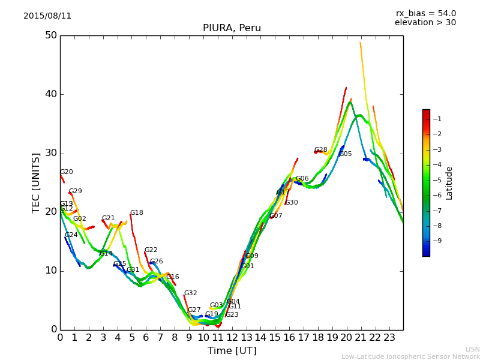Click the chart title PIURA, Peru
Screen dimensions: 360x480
[232, 28]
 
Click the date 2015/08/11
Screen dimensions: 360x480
[47, 16]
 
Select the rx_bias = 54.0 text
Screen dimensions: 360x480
[425, 14]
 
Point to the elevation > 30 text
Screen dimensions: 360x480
[425, 23]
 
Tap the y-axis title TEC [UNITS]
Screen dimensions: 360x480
[36, 182]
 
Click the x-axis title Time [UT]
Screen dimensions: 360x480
[232, 351]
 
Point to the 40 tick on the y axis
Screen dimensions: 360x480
[50, 94]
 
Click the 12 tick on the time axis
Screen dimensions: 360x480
[232, 338]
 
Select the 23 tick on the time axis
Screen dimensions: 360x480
[389, 338]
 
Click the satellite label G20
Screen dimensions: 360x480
[66, 172]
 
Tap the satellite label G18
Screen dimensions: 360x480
[136, 213]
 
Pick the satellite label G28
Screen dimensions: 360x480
[320, 150]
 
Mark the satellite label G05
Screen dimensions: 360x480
[345, 154]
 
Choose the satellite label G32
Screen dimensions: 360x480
[190, 293]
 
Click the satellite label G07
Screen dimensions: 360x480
[275, 216]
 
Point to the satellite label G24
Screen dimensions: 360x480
[71, 235]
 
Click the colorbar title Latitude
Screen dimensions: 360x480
[449, 183]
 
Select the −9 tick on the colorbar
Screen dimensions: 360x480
[437, 241]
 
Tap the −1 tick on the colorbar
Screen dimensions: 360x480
[437, 119]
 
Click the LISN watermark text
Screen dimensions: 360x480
[472, 349]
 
